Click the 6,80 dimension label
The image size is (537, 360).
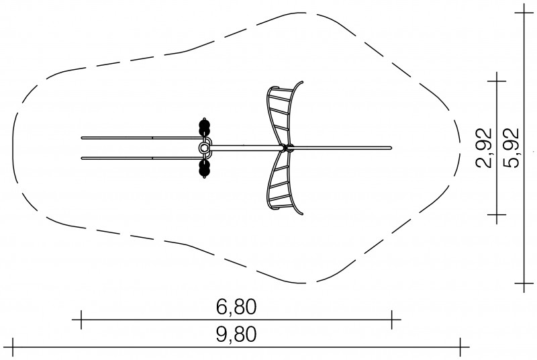tap(236, 307)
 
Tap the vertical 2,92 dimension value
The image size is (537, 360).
tap(483, 148)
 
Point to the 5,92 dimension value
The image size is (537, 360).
tap(511, 148)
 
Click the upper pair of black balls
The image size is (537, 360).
tap(205, 127)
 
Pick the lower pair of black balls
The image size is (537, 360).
tap(205, 169)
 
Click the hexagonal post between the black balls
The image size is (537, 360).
tap(204, 148)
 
